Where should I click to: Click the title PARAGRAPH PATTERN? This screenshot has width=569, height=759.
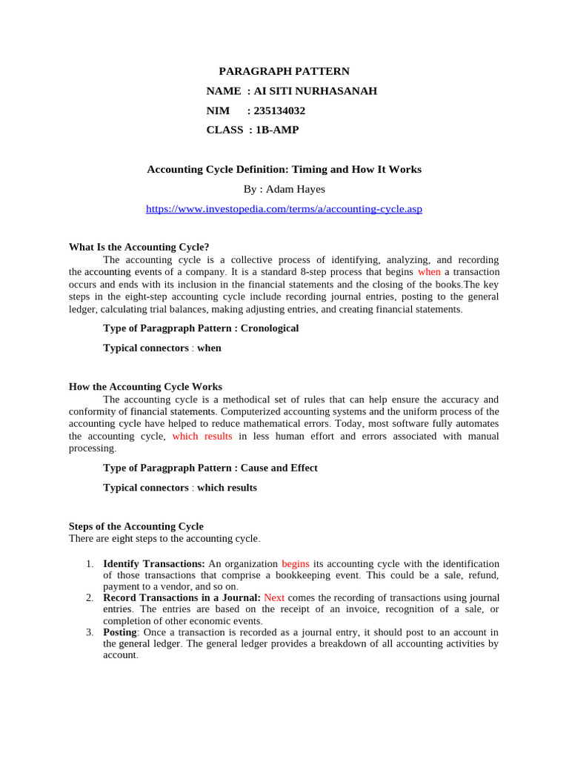pyautogui.click(x=284, y=71)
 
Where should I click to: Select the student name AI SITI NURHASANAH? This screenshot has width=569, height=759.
pyautogui.click(x=316, y=91)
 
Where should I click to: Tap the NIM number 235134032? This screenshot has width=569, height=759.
pyautogui.click(x=279, y=110)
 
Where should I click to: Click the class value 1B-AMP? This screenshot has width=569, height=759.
pyautogui.click(x=277, y=130)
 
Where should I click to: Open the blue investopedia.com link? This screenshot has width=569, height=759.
pyautogui.click(x=284, y=209)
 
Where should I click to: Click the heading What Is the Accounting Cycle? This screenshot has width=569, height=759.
pyautogui.click(x=139, y=247)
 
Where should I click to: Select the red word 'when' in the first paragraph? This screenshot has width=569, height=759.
pyautogui.click(x=429, y=272)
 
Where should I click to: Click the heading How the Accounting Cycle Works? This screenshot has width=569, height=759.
pyautogui.click(x=145, y=386)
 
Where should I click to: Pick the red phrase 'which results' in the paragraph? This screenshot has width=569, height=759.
pyautogui.click(x=202, y=436)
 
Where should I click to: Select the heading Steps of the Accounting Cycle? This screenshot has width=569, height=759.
pyautogui.click(x=136, y=526)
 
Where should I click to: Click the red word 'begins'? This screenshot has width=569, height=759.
pyautogui.click(x=296, y=564)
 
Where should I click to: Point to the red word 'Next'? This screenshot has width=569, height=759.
pyautogui.click(x=274, y=597)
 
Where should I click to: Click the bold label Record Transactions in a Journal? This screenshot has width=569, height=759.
pyautogui.click(x=182, y=597)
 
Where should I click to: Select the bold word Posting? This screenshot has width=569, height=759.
pyautogui.click(x=120, y=632)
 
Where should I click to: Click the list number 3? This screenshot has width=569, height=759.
pyautogui.click(x=89, y=632)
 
